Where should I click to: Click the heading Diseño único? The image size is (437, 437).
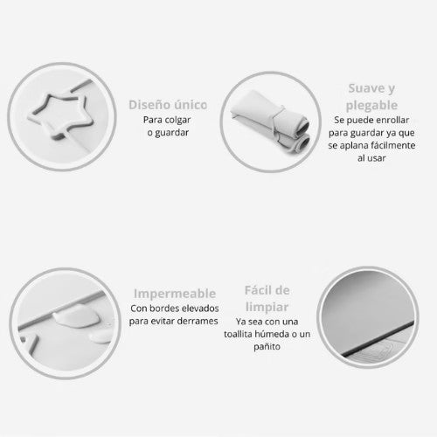coord(168,105)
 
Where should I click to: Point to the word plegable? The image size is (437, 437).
coord(371,106)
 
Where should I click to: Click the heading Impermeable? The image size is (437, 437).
coord(175,294)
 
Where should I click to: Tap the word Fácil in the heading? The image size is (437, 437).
coord(257,290)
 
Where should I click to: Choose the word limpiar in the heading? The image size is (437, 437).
coord(267,307)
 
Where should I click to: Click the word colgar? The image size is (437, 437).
coord(177,120)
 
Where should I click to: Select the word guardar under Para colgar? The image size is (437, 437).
coord(171,133)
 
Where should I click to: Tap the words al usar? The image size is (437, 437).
coord(371,158)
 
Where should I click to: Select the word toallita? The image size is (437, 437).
coord(238,334)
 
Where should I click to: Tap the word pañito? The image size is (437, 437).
coord(267,347)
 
